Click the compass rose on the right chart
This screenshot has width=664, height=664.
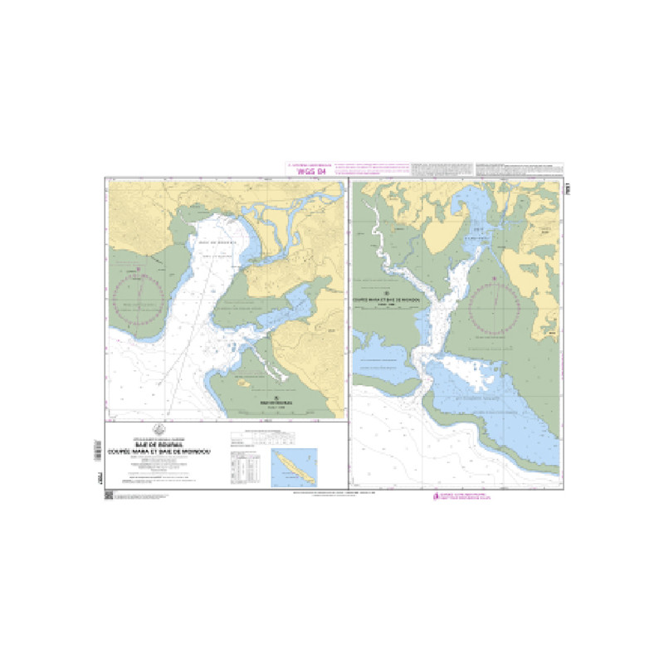(496, 308)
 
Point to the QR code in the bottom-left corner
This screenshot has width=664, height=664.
(109, 495)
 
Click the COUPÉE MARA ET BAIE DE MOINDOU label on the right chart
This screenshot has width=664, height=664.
(388, 296)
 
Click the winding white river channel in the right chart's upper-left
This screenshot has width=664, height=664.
(378, 232)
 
